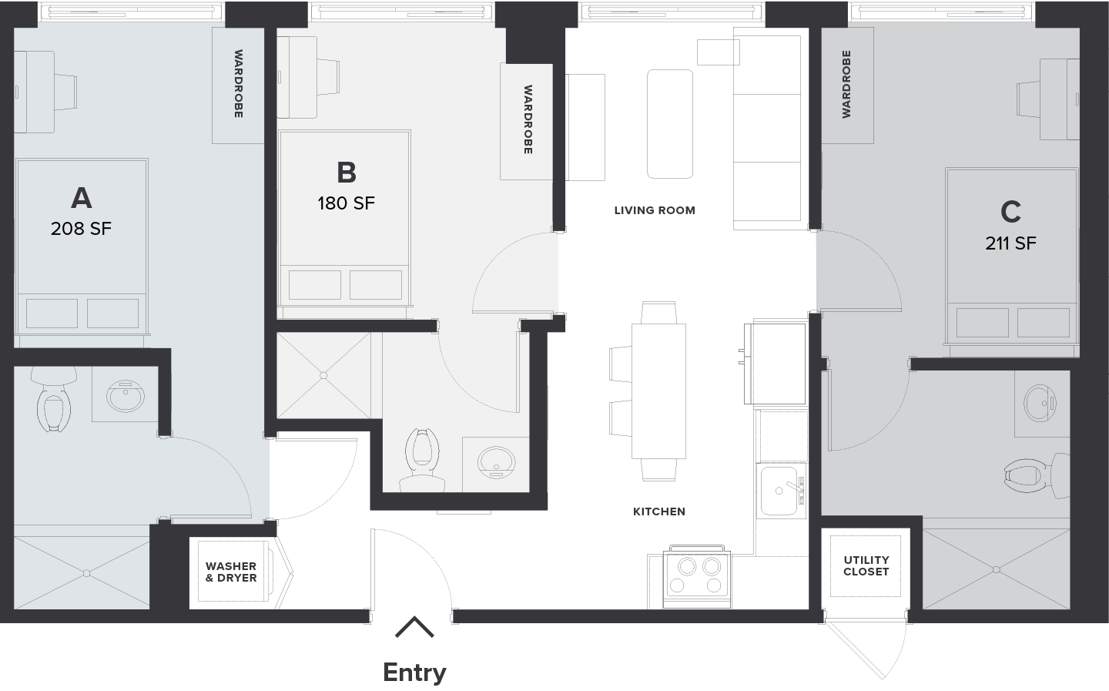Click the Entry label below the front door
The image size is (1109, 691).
(x=414, y=673)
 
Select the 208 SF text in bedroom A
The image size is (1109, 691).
(x=81, y=228)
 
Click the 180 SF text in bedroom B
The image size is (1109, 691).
(x=346, y=203)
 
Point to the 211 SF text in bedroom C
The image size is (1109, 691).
(x=1010, y=243)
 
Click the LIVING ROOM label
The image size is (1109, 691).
(x=655, y=210)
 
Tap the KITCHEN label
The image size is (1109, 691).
(x=659, y=512)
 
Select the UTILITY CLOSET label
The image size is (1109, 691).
(x=866, y=565)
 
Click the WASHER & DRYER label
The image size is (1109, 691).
(x=231, y=572)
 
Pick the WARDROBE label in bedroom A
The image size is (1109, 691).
(x=238, y=84)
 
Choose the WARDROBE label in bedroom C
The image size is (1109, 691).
(x=846, y=84)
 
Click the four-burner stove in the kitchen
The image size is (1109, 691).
(x=697, y=576)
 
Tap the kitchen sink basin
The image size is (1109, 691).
(x=779, y=491)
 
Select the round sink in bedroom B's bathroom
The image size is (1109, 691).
(x=496, y=462)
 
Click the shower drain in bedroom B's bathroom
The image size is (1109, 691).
(x=323, y=375)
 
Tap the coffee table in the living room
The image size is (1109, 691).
(x=670, y=124)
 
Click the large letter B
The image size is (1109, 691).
(x=346, y=173)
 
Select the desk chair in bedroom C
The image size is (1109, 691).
(x=1028, y=100)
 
